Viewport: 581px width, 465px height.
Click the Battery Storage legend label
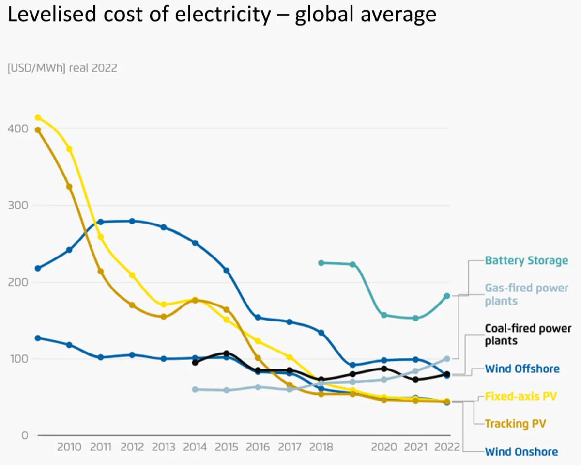526,260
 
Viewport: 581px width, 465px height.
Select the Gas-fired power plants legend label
526,294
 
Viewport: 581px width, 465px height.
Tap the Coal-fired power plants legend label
528,335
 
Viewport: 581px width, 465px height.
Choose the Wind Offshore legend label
522,369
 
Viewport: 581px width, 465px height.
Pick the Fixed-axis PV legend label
520,396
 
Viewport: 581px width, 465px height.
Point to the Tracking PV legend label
515,423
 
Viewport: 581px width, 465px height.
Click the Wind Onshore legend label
521,452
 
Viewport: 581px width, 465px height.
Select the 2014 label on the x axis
195,447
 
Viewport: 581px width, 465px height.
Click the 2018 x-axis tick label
321,447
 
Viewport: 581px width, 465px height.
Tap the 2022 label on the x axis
447,447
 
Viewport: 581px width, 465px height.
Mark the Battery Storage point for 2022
447,296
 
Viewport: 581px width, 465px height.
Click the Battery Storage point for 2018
321,263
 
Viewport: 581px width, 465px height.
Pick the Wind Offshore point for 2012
132,221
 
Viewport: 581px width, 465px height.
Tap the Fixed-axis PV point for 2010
69,149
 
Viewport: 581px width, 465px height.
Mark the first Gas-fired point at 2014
195,389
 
